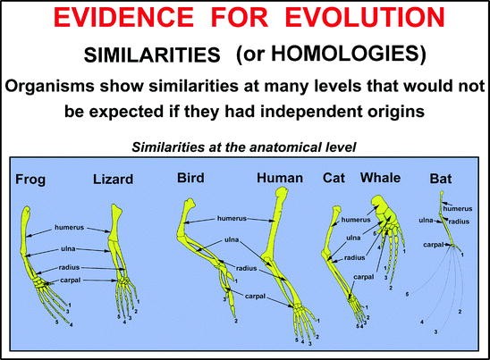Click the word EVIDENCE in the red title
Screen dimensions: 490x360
pos(123,17)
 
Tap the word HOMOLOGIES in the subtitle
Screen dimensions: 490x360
pos(344,53)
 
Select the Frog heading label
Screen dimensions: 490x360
pos(30,180)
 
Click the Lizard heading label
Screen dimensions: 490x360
pos(114,180)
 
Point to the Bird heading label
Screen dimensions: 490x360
pos(190,178)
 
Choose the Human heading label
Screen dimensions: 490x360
pos(280,178)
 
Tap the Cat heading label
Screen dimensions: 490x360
pos(334,178)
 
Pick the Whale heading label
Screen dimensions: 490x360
pos(380,178)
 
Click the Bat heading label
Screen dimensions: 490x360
pos(441,179)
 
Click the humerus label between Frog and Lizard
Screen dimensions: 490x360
pos(70,227)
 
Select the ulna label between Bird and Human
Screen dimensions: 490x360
pos(232,239)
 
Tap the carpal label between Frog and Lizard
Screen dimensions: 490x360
pos(71,280)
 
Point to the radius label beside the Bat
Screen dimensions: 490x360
pos(459,222)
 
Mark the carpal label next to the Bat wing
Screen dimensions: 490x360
pos(434,245)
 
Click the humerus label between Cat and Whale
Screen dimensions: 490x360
pos(356,220)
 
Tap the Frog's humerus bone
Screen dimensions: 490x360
pos(26,231)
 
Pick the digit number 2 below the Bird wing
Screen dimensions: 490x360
pos(236,321)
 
